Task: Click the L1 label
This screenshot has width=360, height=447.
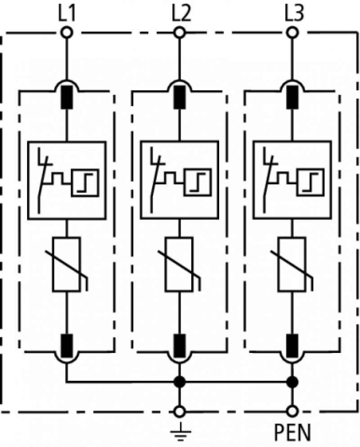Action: coord(67,13)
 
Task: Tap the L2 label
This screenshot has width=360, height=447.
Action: coord(181,13)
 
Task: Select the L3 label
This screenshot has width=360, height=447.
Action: coord(294,13)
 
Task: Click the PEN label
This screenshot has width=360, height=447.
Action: coord(292,433)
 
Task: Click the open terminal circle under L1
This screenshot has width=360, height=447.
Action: coord(67,32)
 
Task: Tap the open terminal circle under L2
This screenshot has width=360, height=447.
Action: coord(180,32)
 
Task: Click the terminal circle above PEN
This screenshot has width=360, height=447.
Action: coord(292,411)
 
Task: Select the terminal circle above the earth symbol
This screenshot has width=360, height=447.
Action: coord(180,411)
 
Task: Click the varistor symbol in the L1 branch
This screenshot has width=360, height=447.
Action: coord(67,264)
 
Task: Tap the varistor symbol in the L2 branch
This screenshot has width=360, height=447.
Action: coord(180,264)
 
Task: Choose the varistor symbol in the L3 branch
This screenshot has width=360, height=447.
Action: coord(292,264)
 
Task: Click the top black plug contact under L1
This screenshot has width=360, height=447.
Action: coord(67,97)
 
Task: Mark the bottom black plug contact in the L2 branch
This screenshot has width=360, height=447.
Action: coord(180,346)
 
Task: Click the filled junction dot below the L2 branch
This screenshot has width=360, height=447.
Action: coord(180,381)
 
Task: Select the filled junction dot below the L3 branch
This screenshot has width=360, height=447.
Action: coord(292,381)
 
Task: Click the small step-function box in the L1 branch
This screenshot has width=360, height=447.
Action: coord(85,183)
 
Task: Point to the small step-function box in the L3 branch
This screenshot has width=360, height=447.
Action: coord(310,183)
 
